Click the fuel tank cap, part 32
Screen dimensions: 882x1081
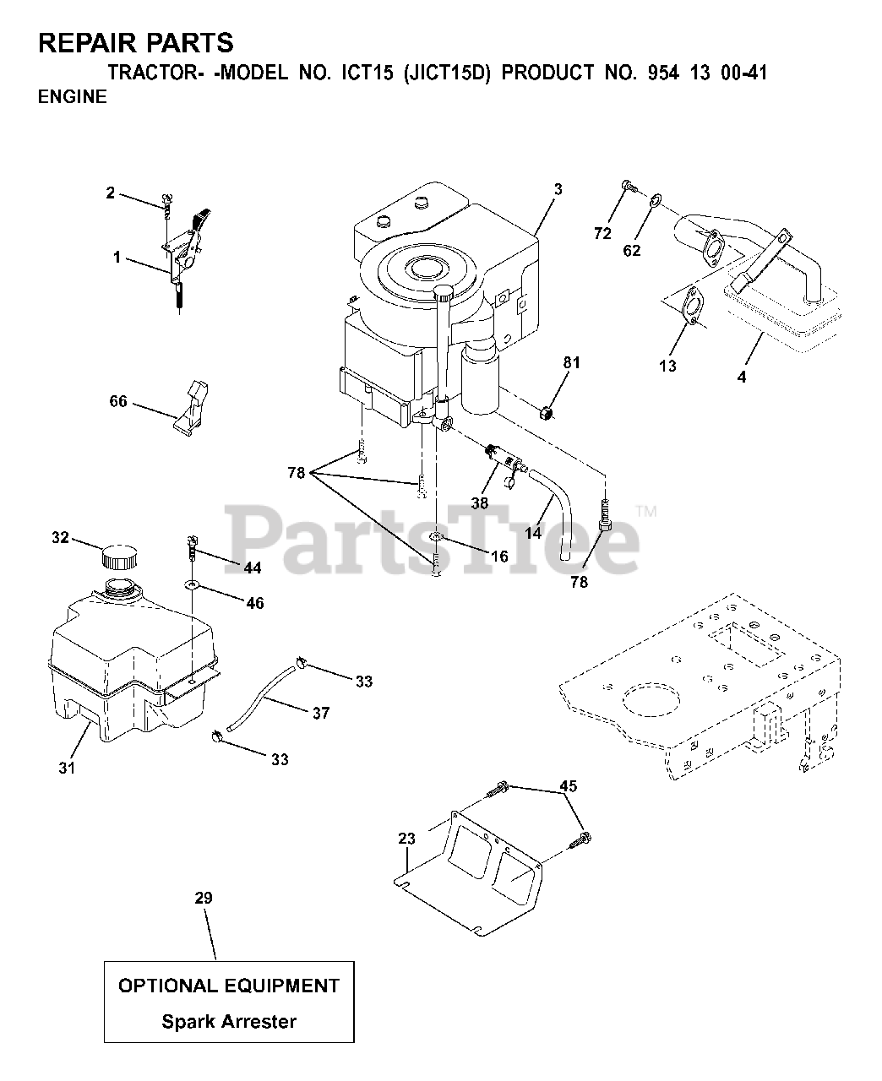pos(118,557)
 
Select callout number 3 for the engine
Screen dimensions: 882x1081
pos(558,189)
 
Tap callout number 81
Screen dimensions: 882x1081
pos(572,363)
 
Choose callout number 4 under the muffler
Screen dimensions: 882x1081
pos(742,378)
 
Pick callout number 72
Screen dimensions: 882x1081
pos(602,234)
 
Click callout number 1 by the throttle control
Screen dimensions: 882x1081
pos(117,257)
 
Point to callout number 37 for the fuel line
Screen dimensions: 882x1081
pos(320,714)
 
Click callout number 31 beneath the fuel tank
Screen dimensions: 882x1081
pos(67,768)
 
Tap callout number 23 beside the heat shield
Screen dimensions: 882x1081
pos(407,839)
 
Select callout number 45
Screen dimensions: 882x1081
pos(569,787)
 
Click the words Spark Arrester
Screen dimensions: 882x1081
pos(229,1021)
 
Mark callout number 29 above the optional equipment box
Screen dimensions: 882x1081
pos(203,898)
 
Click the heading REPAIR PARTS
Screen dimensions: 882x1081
pos(136,41)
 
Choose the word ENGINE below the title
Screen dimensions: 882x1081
pos(73,96)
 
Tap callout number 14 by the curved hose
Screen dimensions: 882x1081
pos(532,534)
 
